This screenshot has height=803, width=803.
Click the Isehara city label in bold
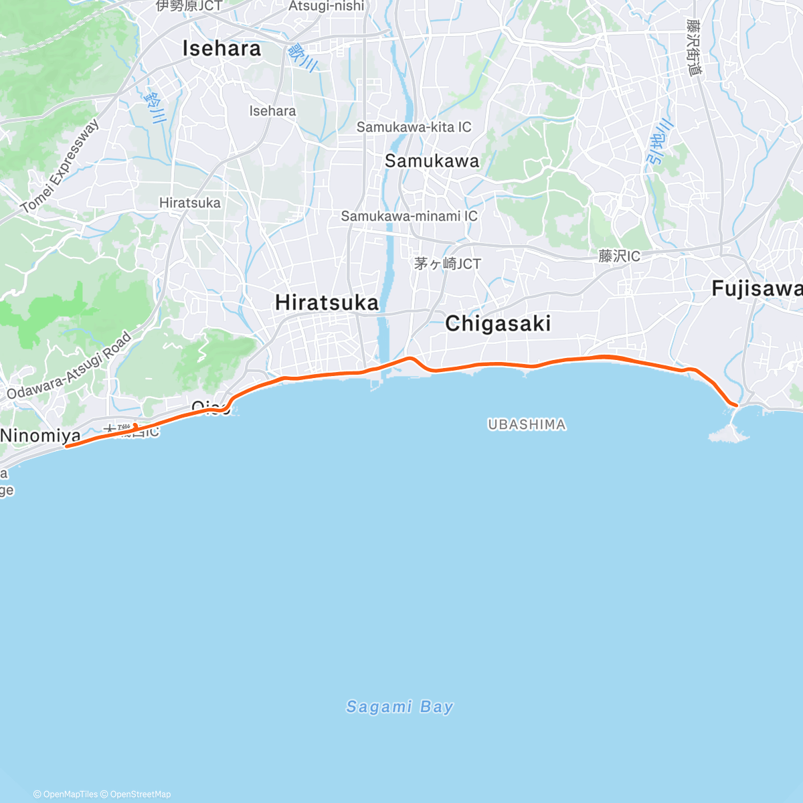point(221,49)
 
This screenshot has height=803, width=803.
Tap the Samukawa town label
point(432,161)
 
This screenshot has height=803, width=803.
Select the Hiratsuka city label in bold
point(327,302)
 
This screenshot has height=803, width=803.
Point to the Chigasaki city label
point(498,324)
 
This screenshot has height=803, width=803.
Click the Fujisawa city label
point(757,289)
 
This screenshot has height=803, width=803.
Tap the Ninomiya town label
point(40,436)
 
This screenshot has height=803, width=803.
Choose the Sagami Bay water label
point(399,707)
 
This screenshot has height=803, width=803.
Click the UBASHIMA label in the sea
point(527,424)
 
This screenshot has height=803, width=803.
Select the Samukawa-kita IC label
point(414,127)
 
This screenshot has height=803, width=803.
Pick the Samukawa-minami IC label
point(409,216)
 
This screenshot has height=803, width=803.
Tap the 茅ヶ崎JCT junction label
point(447,264)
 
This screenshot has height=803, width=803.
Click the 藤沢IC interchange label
point(619,256)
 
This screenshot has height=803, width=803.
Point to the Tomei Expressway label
point(60,167)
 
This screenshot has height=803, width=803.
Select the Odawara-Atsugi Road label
point(70,366)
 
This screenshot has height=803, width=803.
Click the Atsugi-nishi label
point(327,7)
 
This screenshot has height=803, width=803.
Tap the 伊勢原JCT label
point(189,6)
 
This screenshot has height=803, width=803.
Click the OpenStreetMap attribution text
point(140,794)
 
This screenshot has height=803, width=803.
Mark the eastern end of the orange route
point(736,405)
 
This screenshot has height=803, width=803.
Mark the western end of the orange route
point(67,446)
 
